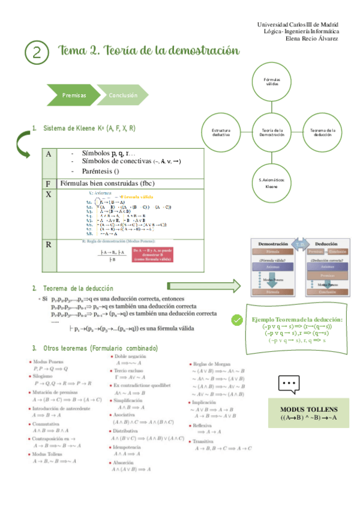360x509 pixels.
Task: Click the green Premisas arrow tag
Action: click(x=74, y=95)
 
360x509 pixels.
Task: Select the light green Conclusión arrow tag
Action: click(x=124, y=95)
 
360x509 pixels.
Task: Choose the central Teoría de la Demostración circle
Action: click(x=272, y=133)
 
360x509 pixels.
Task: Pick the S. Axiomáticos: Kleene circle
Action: click(x=272, y=183)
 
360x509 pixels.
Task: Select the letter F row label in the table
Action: click(x=48, y=183)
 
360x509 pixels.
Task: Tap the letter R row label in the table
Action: click(x=49, y=244)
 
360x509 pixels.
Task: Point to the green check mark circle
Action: click(x=237, y=320)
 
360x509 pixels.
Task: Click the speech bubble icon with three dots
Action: click(x=289, y=384)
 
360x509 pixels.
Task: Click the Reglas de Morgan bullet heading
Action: click(x=212, y=364)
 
